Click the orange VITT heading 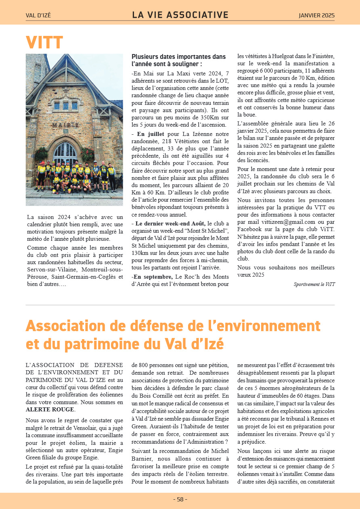[44, 42]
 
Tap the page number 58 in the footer [180, 499]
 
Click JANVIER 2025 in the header [316, 16]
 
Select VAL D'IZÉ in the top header [38, 16]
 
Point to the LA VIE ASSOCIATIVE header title [180, 15]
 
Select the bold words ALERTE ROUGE [50, 409]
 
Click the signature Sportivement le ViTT [314, 284]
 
